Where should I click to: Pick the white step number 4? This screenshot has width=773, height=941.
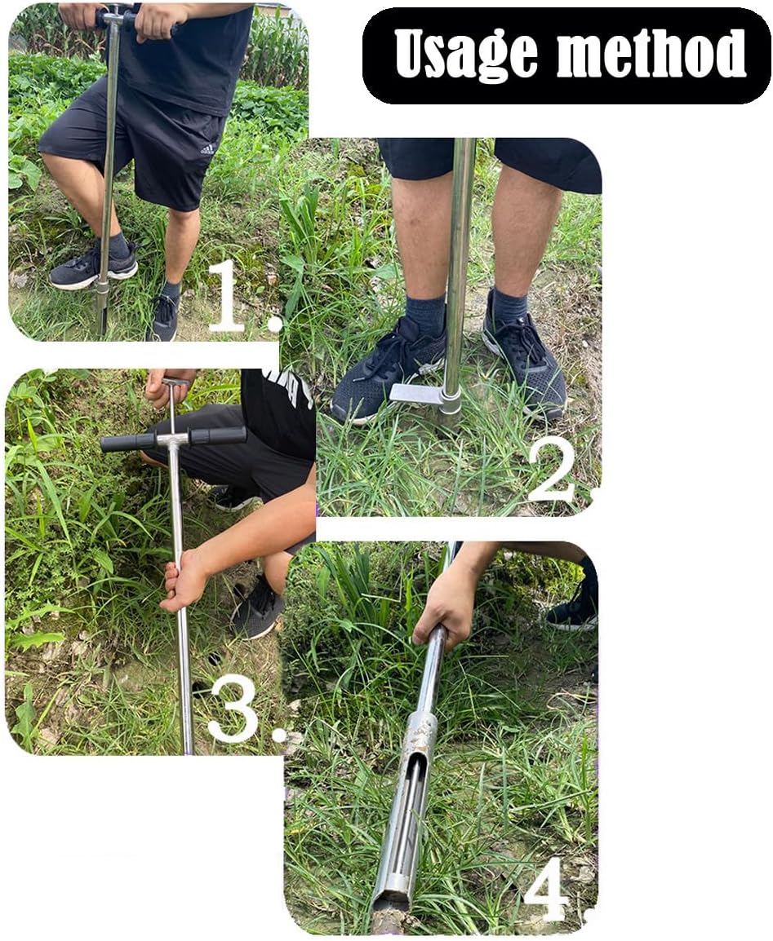point(546,889)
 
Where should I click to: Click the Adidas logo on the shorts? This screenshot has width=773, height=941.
point(207,148)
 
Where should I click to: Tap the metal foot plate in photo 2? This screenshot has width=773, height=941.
point(416,393)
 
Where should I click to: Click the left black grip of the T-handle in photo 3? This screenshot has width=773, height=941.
point(128,442)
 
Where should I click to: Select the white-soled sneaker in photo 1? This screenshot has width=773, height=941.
point(91,267)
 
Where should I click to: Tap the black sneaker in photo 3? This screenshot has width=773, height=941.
point(257,607)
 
